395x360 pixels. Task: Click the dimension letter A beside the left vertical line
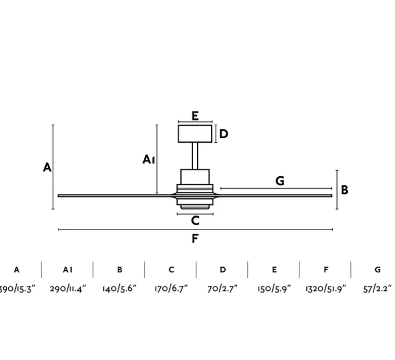(47, 168)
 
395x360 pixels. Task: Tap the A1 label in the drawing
(149, 159)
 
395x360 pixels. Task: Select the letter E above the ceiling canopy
(195, 116)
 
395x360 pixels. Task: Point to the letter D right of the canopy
(224, 134)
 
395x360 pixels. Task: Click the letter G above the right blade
(280, 181)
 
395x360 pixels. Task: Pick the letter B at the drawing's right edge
(345, 190)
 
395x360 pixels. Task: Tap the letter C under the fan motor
(195, 221)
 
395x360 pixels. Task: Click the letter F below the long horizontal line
(195, 238)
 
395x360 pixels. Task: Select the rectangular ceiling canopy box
(195, 133)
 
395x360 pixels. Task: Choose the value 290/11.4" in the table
(68, 289)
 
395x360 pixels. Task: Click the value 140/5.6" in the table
(119, 289)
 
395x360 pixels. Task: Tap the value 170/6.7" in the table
(171, 289)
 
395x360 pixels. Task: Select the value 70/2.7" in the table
(222, 289)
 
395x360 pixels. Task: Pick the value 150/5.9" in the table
(274, 289)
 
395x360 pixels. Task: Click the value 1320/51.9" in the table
(325, 289)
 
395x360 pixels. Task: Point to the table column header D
(222, 270)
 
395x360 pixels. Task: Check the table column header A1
(67, 270)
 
